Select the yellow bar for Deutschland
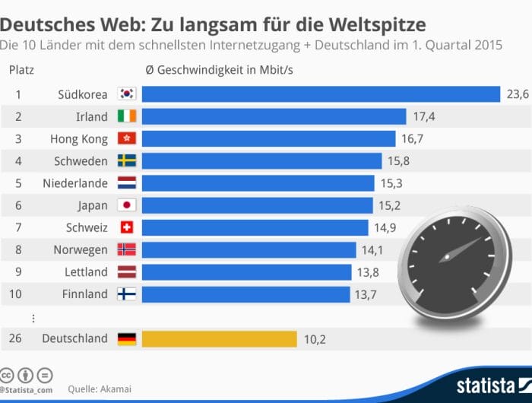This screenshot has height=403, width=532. click(x=219, y=338)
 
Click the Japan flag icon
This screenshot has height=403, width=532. click(x=126, y=205)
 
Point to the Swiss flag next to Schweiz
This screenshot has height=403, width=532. click(x=126, y=227)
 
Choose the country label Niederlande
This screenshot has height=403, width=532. click(x=75, y=183)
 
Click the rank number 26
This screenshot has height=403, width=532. click(x=16, y=338)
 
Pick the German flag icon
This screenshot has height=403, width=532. click(x=126, y=338)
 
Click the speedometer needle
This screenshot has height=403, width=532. click(x=459, y=251)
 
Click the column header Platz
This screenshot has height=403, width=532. click(x=21, y=71)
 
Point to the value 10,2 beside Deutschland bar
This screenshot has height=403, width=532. click(x=315, y=339)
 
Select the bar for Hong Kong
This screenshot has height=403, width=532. click(x=268, y=138)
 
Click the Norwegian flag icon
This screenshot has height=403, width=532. click(x=126, y=249)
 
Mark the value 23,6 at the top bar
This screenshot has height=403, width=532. click(x=517, y=94)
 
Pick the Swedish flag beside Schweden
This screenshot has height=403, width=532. click(x=126, y=160)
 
